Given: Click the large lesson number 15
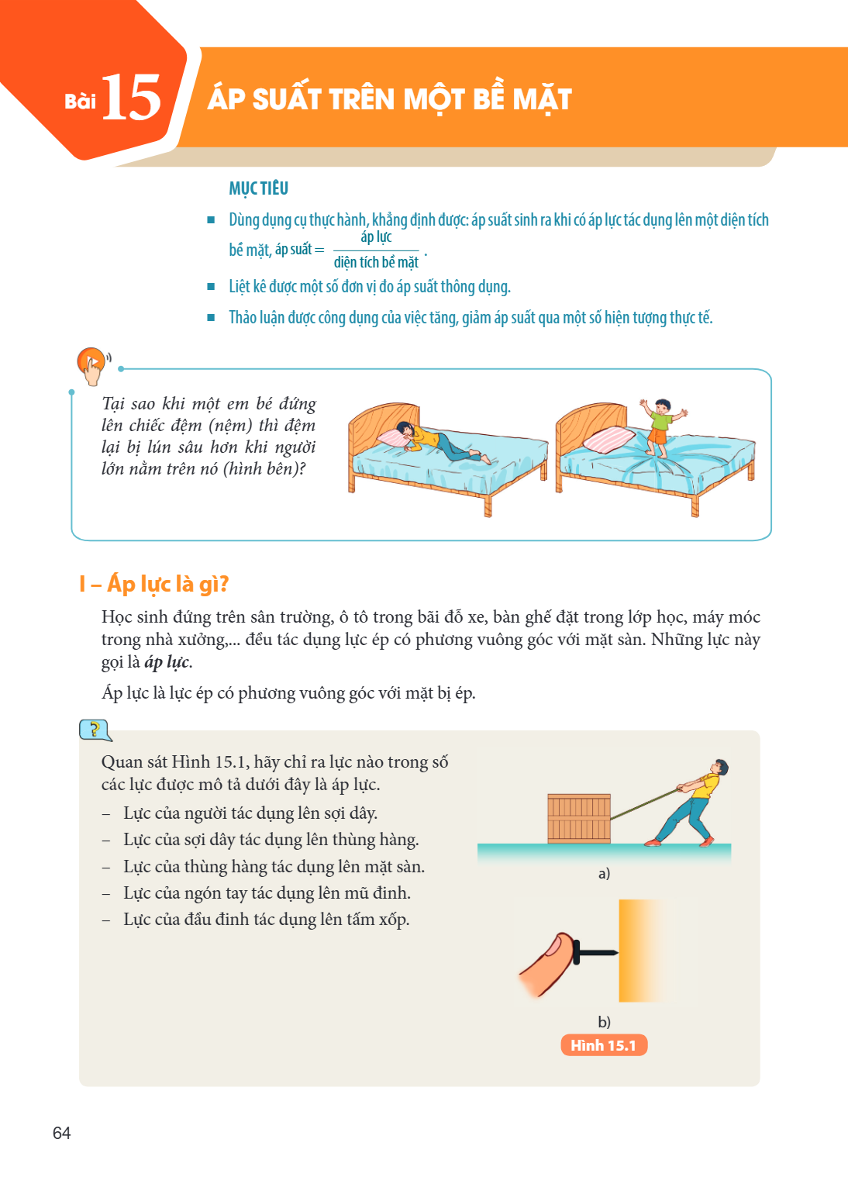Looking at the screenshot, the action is (131, 97).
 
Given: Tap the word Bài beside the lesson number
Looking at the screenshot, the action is (80, 101).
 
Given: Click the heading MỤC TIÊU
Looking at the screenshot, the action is (258, 188).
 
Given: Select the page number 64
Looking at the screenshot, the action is (62, 1133).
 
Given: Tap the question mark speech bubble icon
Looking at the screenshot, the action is (95, 730).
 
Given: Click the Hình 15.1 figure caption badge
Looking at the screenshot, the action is (603, 1045).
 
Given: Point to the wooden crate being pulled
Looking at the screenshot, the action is (579, 818).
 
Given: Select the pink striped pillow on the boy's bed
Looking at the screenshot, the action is (608, 440).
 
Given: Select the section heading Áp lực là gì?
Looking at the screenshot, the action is (154, 584).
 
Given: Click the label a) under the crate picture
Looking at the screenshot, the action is (604, 873).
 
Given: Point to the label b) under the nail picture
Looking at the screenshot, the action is (604, 1021).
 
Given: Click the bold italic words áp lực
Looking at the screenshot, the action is (167, 662).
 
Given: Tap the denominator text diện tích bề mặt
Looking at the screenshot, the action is (376, 262).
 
